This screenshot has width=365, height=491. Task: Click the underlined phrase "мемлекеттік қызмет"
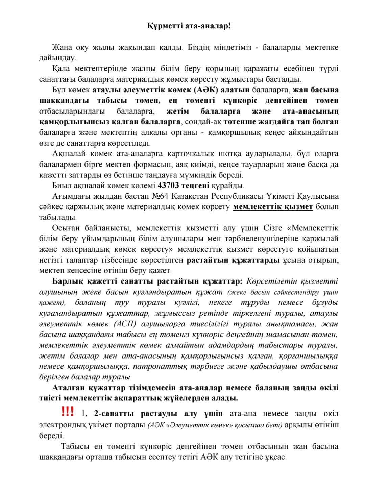click(x=273, y=207)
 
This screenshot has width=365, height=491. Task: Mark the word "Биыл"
click(x=61, y=186)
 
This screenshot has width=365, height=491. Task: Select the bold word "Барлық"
click(x=69, y=281)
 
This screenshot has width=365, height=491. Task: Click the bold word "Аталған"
click(x=70, y=387)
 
